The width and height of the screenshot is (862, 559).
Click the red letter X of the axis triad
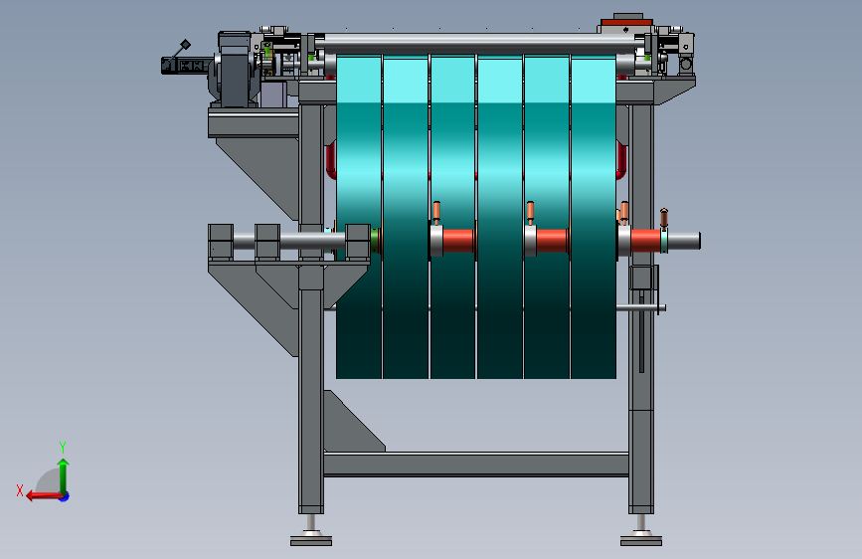click(20, 490)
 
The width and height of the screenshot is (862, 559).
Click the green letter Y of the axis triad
click(63, 447)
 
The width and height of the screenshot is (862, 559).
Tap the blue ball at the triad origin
click(65, 496)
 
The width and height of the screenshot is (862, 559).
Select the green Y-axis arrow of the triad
click(64, 475)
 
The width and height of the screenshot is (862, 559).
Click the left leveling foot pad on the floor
click(311, 542)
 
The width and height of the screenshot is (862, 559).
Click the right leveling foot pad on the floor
click(641, 542)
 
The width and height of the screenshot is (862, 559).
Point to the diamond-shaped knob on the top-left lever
click(186, 44)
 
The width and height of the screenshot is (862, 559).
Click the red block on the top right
click(626, 23)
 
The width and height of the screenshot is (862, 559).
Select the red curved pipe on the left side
click(331, 159)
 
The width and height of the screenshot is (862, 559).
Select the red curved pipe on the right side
click(621, 159)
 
